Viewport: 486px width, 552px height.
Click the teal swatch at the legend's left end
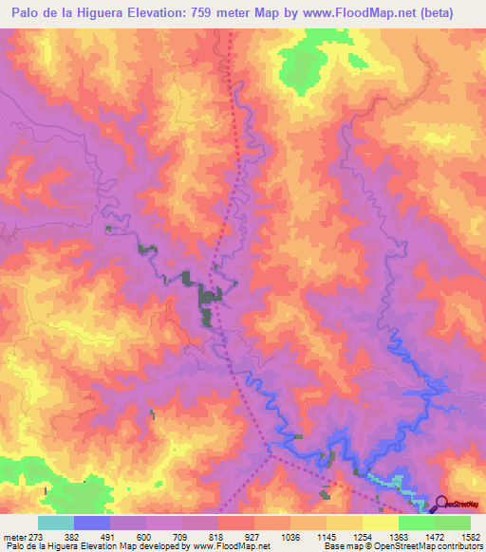tap(56, 523)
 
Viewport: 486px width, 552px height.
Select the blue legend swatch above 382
tap(92, 523)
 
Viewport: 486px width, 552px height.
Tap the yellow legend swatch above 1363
tap(380, 523)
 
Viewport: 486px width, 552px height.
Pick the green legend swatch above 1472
tap(416, 523)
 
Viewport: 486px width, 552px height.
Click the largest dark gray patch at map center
tap(206, 304)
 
